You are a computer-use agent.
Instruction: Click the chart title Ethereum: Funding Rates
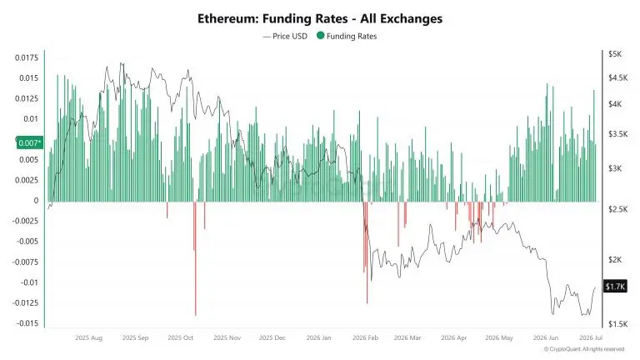point(272,19)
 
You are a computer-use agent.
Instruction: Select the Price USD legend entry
point(285,36)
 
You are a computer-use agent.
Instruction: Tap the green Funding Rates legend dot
point(320,36)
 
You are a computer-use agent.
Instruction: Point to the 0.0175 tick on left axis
point(27,57)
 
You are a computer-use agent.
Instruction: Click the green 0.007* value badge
point(30,142)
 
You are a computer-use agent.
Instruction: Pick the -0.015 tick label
point(27,322)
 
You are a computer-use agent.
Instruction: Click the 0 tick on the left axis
point(37,200)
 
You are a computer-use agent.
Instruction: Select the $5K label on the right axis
point(615,54)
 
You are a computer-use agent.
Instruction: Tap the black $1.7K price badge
point(615,287)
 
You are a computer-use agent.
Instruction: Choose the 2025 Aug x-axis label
point(89,338)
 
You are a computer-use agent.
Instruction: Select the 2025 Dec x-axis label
point(272,338)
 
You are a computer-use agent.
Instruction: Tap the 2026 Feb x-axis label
point(365,338)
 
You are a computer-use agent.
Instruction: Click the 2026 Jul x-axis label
point(591,337)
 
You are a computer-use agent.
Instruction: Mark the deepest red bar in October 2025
point(196,259)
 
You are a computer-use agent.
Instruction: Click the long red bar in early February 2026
point(367,252)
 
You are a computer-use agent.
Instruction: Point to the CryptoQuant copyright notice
point(584,349)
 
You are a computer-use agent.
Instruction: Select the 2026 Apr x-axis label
point(454,338)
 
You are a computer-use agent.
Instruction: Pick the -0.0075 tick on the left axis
point(26,262)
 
